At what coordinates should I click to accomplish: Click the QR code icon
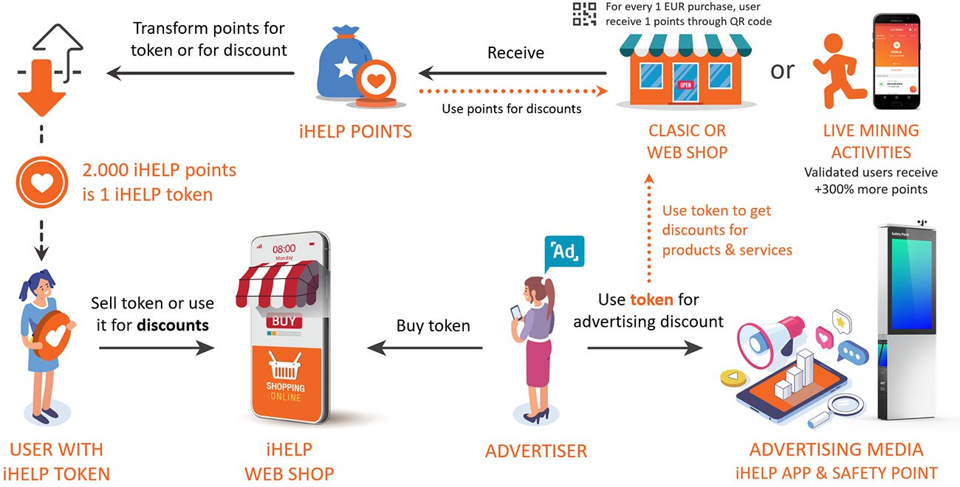[584, 15]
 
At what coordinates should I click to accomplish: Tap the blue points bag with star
[340, 68]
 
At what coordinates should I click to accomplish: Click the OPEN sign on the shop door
[685, 84]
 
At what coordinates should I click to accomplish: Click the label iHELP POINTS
[355, 132]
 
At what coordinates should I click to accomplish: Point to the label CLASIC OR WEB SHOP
[687, 141]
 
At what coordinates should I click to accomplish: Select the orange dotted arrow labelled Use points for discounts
[512, 91]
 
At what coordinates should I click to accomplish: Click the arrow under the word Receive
[512, 73]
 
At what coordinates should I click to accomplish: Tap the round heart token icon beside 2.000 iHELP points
[41, 181]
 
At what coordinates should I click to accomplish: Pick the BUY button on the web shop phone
[285, 321]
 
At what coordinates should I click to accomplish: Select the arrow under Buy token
[425, 348]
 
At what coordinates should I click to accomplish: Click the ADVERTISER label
[536, 450]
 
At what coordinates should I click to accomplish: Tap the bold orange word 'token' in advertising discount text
[651, 300]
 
